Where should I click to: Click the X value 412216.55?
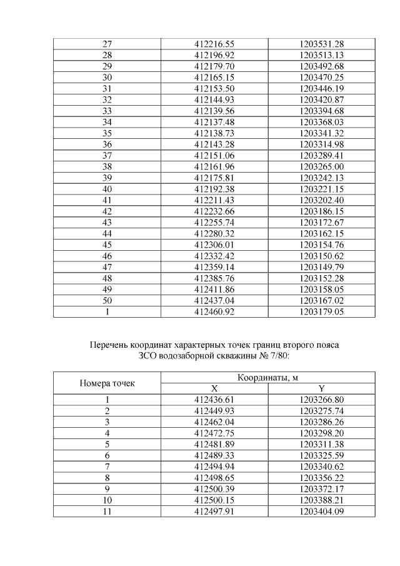(x=214, y=44)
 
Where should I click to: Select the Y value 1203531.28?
(x=322, y=44)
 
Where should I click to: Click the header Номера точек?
(x=107, y=383)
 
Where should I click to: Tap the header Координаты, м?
(x=268, y=377)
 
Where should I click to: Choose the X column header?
(x=214, y=388)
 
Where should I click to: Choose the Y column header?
(x=322, y=388)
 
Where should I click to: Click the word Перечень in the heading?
(x=108, y=345)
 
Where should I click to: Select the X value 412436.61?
(x=214, y=400)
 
